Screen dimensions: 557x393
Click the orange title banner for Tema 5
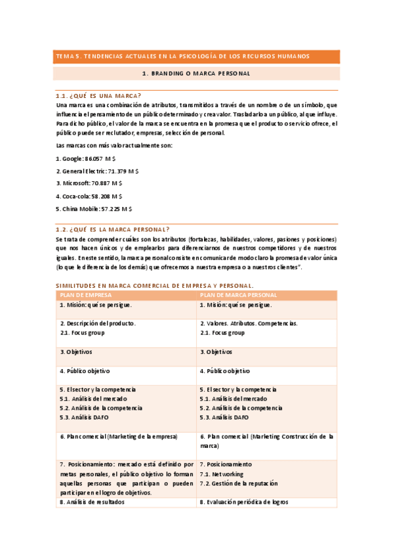[x=197, y=56]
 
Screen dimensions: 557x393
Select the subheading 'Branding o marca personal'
[x=197, y=74]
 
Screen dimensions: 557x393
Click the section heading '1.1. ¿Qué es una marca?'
[x=98, y=96]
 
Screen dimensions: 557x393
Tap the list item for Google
[x=86, y=158]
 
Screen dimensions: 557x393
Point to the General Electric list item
[x=97, y=171]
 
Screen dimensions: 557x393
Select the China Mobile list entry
[x=94, y=208]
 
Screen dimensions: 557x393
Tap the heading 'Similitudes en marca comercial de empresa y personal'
[x=155, y=286]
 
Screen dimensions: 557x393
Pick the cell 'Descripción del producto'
[x=98, y=324]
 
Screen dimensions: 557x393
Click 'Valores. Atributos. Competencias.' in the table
[x=249, y=324]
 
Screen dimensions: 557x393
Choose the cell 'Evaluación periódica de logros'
[x=243, y=502]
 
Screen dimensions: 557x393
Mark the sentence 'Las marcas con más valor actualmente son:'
[x=114, y=145]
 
